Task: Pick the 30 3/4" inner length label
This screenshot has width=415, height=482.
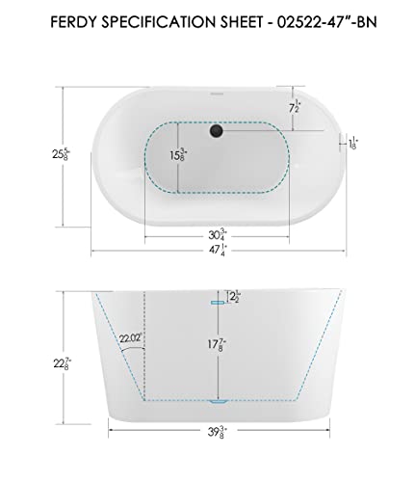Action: coord(218,232)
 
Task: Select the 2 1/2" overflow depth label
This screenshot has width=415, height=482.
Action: coord(232,296)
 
